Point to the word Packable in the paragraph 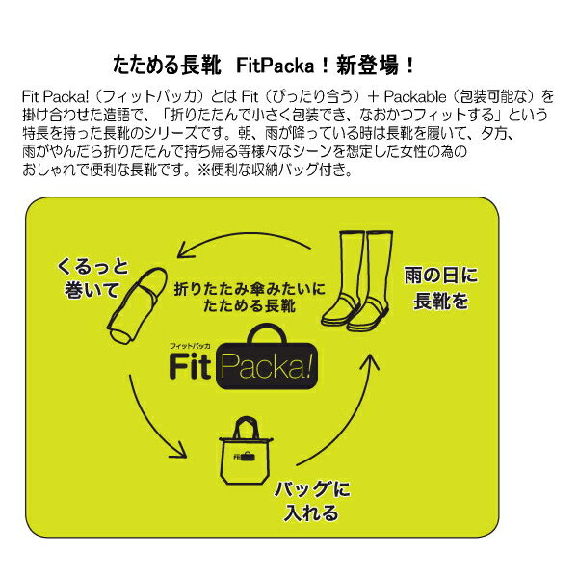click(431, 97)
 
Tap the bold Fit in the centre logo click(191, 367)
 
